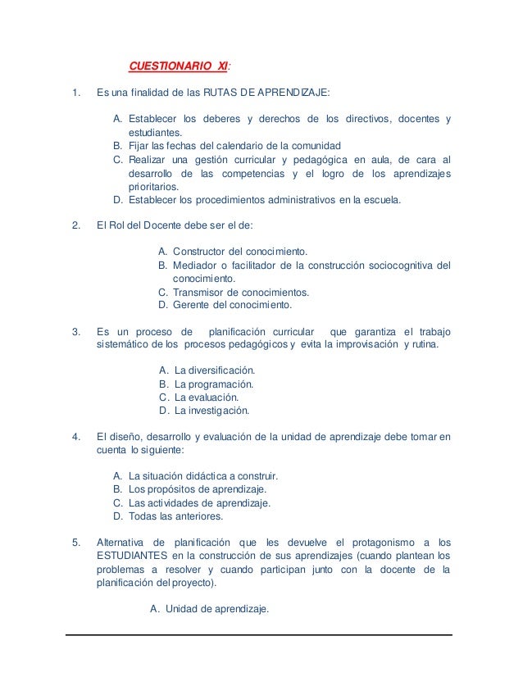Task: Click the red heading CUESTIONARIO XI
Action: (x=180, y=66)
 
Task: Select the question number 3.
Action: (x=76, y=332)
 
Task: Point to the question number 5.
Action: (x=76, y=541)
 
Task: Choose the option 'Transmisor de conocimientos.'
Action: (x=240, y=293)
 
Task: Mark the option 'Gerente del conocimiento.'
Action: (x=231, y=306)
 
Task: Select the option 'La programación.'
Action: (x=215, y=384)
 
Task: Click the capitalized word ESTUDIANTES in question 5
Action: (x=133, y=555)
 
